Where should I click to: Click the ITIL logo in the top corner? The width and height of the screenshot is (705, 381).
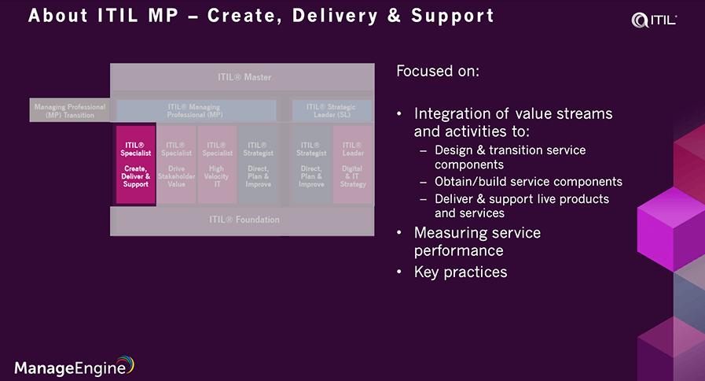654,20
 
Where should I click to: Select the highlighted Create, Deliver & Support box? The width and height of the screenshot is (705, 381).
136,165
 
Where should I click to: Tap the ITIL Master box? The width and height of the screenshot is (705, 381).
244,77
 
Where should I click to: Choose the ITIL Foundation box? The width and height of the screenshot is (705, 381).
244,220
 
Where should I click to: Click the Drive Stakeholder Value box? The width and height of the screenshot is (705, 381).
176,165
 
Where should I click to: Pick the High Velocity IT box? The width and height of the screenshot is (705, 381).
217,165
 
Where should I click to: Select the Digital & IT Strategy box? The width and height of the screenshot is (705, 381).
353,165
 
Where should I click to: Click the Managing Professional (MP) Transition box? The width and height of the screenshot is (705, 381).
70,110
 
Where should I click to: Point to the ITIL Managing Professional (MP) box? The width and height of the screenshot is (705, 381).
196,110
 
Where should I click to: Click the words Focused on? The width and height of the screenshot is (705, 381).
438,72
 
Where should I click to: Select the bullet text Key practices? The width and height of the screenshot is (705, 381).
461,272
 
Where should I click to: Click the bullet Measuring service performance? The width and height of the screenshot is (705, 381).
477,242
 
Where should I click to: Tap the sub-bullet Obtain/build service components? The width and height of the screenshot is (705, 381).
528,182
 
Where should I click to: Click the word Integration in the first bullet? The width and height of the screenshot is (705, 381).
450,113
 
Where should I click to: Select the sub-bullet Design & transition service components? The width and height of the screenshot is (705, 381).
510,157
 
